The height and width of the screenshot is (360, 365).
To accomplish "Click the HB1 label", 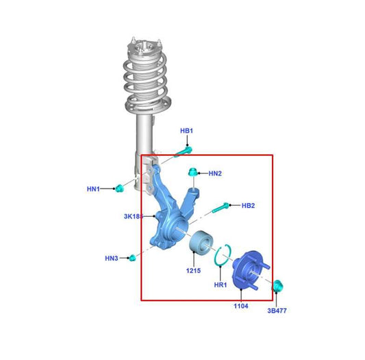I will (187, 130).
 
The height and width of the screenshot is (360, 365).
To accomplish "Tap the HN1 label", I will (94, 189).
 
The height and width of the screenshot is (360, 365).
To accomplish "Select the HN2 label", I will (215, 173).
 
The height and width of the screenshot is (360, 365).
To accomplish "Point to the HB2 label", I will (248, 206).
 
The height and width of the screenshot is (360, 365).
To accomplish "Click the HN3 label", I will (112, 259).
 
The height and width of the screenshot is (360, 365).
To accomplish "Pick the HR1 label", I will (221, 285).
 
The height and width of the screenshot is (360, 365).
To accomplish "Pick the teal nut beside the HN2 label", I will (194, 173).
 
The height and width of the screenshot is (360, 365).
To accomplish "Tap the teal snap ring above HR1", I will (223, 255).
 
